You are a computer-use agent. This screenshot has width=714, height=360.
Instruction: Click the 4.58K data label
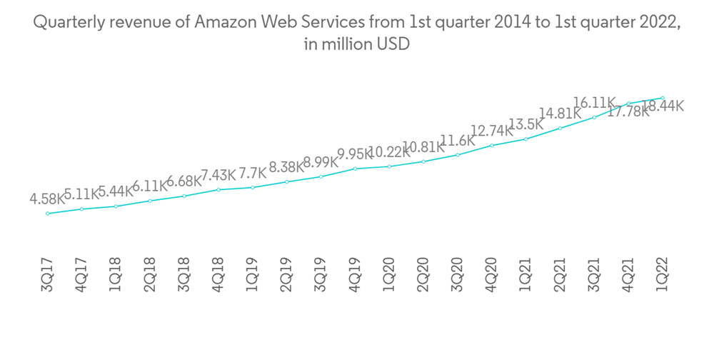pos(47,199)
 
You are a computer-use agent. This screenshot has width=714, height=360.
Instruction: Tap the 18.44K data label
pos(663,106)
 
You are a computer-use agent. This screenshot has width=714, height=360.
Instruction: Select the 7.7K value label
pos(252,173)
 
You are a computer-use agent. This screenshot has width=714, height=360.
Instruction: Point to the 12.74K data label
pos(492,131)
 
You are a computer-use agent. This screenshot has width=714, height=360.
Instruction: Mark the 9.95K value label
pos(355,154)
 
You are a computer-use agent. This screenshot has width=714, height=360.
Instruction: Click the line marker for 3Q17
pos(48,213)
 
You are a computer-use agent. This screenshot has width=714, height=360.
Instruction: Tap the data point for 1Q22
pos(663,98)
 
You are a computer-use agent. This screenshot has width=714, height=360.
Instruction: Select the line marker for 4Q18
pos(218,189)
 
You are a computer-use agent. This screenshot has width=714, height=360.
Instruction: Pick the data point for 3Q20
pos(458,154)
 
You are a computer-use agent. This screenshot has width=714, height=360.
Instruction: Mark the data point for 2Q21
pos(560,129)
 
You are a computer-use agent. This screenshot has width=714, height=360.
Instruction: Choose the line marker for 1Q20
pos(390,166)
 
